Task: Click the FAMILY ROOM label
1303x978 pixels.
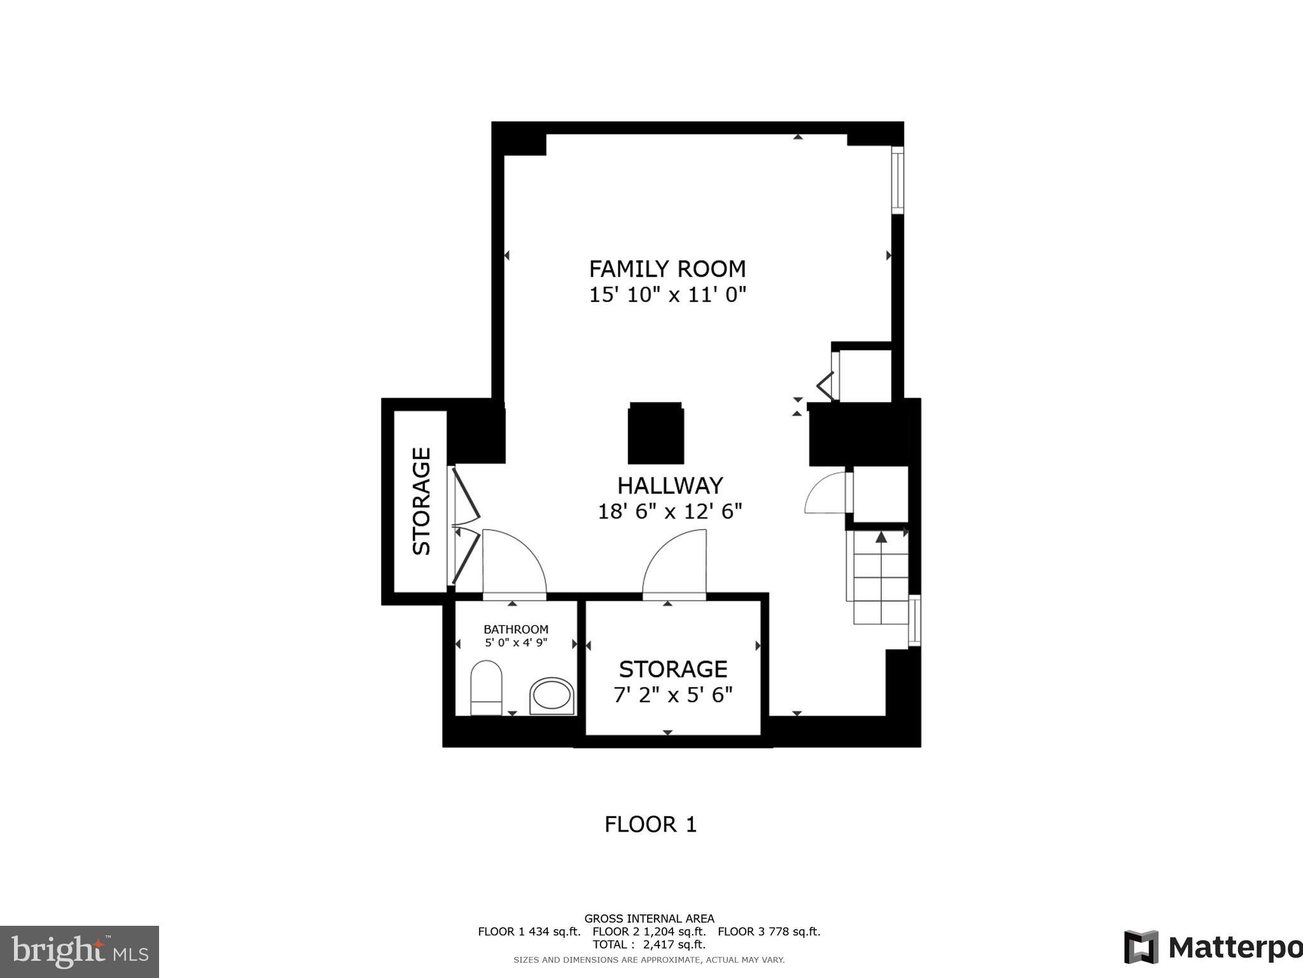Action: click(667, 269)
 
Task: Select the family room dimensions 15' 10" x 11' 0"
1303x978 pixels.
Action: click(667, 295)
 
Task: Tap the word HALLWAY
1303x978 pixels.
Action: click(670, 486)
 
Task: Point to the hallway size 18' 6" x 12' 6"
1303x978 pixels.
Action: click(670, 511)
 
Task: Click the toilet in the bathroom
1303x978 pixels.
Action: click(486, 688)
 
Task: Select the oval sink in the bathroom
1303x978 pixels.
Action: click(552, 695)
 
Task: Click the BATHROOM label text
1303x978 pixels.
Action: click(515, 629)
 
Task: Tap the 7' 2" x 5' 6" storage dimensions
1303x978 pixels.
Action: click(672, 695)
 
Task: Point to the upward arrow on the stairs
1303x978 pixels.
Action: click(881, 538)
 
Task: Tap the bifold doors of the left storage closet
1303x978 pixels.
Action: click(466, 526)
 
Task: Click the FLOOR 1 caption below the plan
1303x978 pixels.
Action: click(650, 825)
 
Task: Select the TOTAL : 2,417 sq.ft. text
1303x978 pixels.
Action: click(649, 944)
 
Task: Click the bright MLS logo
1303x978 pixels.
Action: click(80, 951)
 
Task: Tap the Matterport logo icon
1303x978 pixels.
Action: click(1141, 947)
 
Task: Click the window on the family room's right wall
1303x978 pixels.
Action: click(897, 180)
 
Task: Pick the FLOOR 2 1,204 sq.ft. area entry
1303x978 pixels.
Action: click(649, 932)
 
